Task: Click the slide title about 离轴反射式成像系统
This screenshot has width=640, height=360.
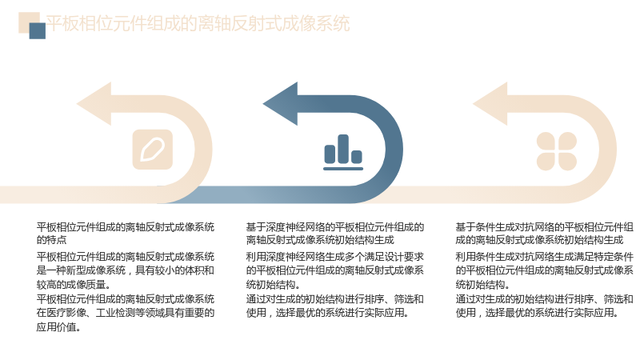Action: [x=198, y=23]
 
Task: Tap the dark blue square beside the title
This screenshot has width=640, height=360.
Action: [x=37, y=30]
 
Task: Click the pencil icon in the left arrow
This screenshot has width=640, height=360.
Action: [x=152, y=150]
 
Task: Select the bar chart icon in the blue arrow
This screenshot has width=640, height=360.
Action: [x=343, y=152]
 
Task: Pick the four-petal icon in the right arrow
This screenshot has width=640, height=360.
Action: [x=556, y=151]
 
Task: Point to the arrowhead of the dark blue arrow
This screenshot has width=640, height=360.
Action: [x=282, y=104]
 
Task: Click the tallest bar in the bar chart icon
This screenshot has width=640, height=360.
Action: [x=343, y=149]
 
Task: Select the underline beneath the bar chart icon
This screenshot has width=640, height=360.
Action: [x=343, y=169]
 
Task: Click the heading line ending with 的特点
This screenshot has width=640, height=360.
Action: [x=126, y=233]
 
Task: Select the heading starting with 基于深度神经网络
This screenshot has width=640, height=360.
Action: [x=334, y=233]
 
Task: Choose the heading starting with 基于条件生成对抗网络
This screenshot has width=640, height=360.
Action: [x=544, y=233]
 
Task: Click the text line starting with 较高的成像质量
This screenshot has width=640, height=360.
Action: [x=74, y=284]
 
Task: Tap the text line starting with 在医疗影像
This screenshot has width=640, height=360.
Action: [x=126, y=313]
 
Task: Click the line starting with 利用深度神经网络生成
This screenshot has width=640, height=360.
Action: [x=334, y=257]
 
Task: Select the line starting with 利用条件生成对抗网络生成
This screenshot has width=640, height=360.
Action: [x=544, y=257]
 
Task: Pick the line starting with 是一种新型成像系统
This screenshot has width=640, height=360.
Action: [x=126, y=270]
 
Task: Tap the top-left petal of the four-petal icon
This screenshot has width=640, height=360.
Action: [x=546, y=141]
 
